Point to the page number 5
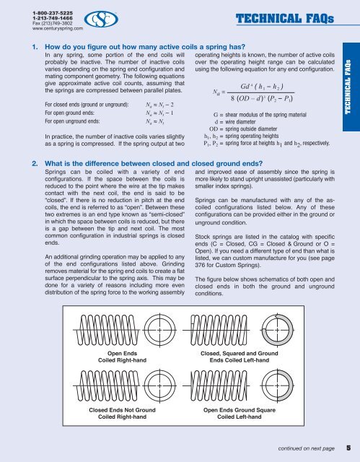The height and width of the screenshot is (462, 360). pos(348,448)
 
